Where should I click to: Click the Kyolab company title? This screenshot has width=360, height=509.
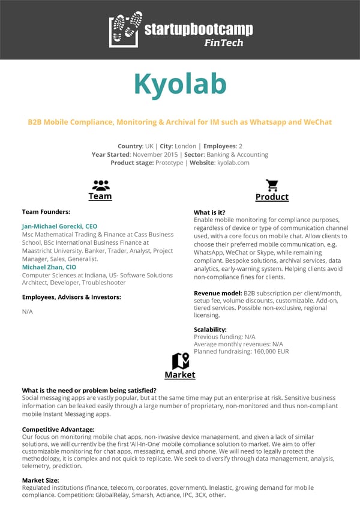(180, 84)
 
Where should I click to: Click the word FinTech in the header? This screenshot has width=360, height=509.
(224, 43)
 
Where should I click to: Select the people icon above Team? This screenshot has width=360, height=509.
(100, 184)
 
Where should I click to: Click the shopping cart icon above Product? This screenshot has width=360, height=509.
(272, 185)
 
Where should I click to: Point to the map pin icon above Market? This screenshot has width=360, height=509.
(180, 361)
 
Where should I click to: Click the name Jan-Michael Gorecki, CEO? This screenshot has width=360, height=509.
(59, 226)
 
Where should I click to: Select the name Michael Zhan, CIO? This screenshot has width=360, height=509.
(49, 267)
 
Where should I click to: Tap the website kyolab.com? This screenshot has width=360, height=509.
(233, 163)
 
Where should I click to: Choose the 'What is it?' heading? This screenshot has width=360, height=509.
(209, 212)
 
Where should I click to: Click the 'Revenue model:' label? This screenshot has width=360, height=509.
(218, 293)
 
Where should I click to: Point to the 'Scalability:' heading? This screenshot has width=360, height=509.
(210, 330)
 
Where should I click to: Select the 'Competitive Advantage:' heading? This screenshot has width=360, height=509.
(58, 429)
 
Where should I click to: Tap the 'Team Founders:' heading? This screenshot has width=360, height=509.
(46, 212)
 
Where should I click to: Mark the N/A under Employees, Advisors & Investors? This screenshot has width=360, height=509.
(27, 312)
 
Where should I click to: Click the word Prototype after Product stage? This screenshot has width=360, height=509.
(170, 163)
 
